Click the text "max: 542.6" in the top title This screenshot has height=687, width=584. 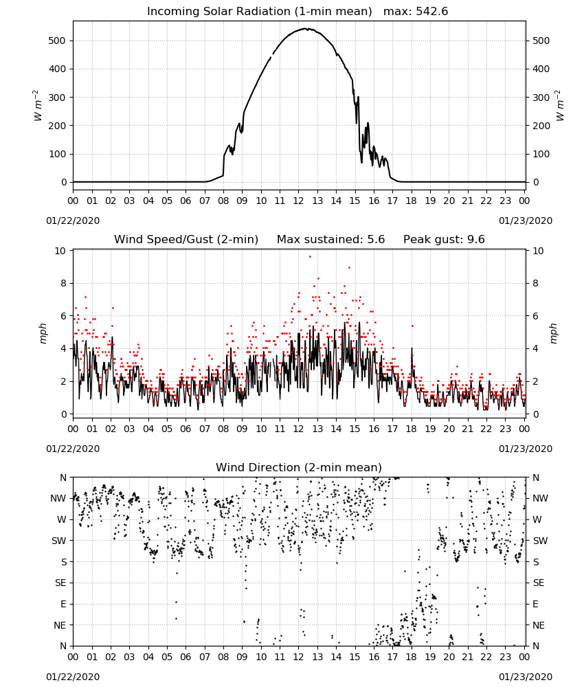coord(416,12)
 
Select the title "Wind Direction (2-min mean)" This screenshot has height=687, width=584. coord(299,467)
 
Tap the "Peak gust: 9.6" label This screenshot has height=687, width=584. coord(444,240)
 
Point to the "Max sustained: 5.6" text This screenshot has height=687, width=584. coord(330,240)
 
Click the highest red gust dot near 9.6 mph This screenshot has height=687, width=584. coord(310,257)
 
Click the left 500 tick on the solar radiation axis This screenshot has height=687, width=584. coord(57,41)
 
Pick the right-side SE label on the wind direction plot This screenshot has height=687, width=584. coord(539,583)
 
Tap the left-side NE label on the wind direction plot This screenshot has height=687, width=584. coord(60,625)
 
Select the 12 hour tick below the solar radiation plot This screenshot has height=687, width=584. coord(298,201)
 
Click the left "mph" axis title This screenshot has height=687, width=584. coord(43,333)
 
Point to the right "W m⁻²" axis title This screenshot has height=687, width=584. coord(560,105)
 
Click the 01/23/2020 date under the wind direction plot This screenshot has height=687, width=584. coord(526,677)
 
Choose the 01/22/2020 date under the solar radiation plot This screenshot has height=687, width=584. coord(73,221)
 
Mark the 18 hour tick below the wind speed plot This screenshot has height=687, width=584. coord(411,429)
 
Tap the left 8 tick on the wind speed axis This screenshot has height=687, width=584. coord(63,284)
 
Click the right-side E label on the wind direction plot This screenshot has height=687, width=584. coord(535,604)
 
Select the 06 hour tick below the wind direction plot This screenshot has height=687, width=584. coord(186,657)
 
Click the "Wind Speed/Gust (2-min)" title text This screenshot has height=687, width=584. coord(186,240)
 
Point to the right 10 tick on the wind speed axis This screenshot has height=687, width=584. coord(538,251)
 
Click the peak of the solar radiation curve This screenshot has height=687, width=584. coord(306,29)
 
